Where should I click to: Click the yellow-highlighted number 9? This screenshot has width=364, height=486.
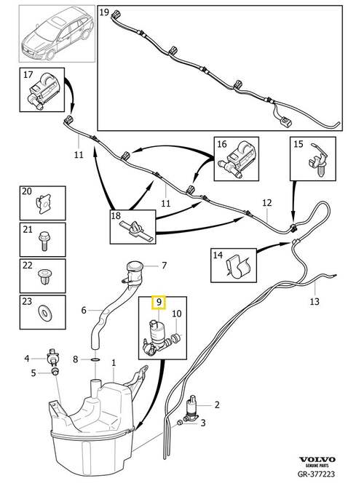[159, 303]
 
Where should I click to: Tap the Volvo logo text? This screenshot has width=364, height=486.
[317, 460]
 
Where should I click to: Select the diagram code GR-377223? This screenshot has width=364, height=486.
[316, 474]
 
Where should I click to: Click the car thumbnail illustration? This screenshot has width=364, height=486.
[57, 38]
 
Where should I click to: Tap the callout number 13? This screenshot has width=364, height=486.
[314, 301]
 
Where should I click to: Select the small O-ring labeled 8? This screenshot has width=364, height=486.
[95, 359]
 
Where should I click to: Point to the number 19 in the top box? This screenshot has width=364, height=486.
[104, 12]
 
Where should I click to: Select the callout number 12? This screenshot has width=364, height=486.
[267, 203]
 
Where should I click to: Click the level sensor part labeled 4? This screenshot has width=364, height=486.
[52, 357]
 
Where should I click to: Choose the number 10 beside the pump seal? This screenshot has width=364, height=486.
[177, 314]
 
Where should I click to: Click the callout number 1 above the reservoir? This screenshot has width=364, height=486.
[114, 362]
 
